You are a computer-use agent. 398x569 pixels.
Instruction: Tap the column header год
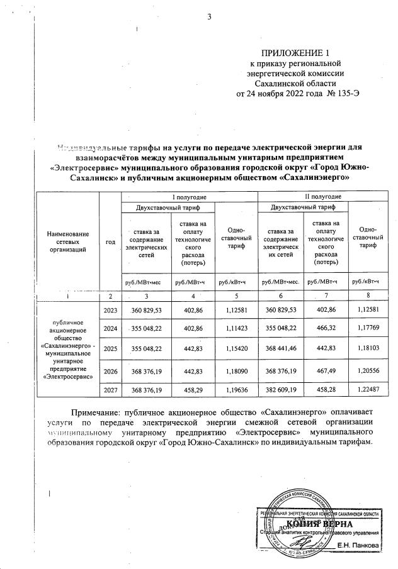pos(110,241)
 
